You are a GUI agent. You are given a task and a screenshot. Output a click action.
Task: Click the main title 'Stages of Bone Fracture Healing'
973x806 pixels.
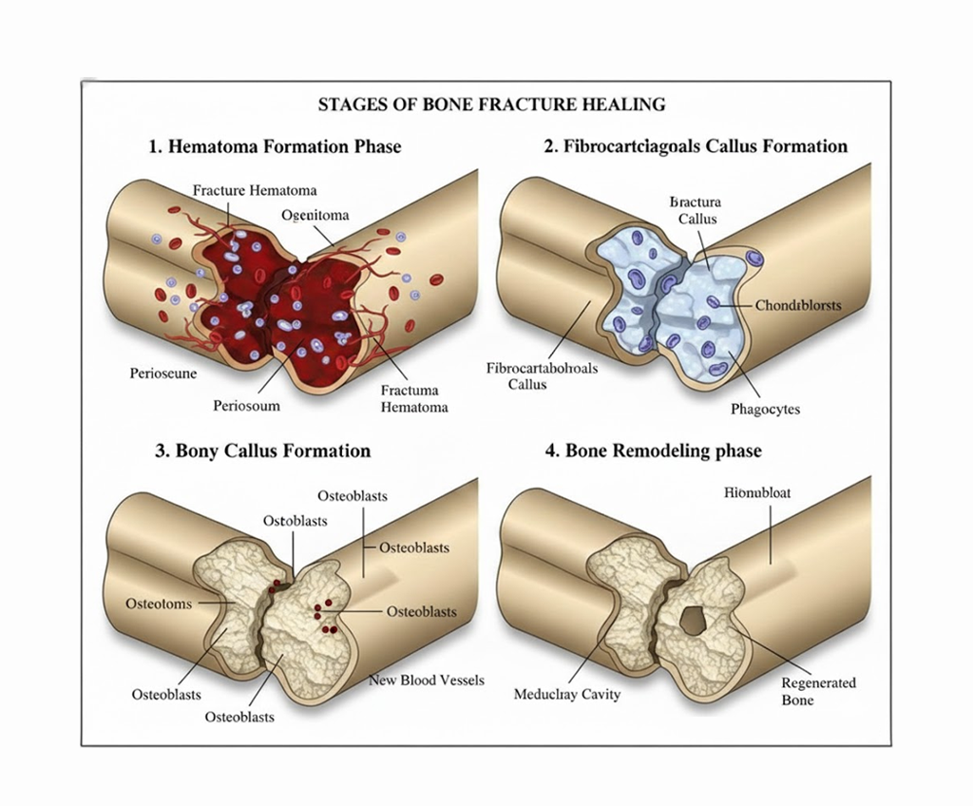491,105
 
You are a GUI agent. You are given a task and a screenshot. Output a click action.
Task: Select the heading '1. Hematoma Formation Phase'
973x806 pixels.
275,146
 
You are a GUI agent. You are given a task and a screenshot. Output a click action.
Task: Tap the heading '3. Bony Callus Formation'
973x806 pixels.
262,451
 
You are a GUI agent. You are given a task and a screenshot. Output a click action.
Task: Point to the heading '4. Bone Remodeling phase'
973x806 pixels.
653,451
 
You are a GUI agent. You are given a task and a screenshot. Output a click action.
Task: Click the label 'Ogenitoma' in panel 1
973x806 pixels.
315,215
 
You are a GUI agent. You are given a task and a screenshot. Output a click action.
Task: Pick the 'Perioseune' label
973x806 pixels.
163,374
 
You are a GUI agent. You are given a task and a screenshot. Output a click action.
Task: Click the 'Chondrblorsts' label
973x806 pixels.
797,305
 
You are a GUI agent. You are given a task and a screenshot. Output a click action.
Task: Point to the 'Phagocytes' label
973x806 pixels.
765,409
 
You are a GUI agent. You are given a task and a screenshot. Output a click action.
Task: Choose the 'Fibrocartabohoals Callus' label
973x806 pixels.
542,376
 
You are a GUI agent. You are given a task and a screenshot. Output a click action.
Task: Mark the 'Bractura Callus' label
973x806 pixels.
696,210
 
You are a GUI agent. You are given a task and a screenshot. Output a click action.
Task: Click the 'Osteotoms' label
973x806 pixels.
159,604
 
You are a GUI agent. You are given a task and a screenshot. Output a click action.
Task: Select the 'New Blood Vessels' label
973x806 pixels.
427,680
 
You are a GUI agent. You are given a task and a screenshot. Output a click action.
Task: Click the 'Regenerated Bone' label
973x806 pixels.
818,691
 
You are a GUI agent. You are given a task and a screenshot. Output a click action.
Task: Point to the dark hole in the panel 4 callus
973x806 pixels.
695,621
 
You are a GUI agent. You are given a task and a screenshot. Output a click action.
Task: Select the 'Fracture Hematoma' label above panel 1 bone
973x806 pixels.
255,190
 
